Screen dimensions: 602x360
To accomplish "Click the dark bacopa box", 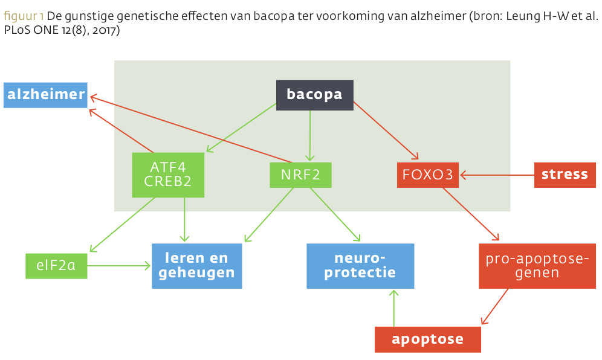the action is (x=315, y=95).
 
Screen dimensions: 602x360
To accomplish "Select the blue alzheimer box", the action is (x=46, y=95).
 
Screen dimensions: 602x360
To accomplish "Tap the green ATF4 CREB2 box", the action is (x=168, y=175).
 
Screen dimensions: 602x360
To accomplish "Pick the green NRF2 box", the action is (x=300, y=175).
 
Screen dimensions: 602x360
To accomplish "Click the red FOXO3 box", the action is (x=428, y=175).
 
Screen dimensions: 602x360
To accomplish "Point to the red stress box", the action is (x=565, y=175).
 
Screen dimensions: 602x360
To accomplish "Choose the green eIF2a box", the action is (x=56, y=266).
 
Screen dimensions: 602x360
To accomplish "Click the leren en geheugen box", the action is (x=197, y=266).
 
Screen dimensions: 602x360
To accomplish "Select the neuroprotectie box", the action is (x=360, y=266).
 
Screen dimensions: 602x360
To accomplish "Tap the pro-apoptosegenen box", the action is (x=537, y=266).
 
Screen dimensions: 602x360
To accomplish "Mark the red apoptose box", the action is (x=428, y=339).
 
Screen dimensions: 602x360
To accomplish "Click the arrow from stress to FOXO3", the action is (x=497, y=175).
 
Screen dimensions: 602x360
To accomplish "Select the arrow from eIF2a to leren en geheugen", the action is (x=119, y=266).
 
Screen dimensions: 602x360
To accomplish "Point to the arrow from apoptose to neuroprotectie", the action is (x=394, y=309).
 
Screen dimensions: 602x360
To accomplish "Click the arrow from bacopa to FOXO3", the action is (x=386, y=130).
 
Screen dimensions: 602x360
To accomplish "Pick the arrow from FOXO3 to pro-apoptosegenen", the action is (x=471, y=214).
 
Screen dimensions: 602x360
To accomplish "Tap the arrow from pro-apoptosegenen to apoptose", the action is (x=494, y=306).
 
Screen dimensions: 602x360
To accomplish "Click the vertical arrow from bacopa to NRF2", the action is (x=310, y=135).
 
